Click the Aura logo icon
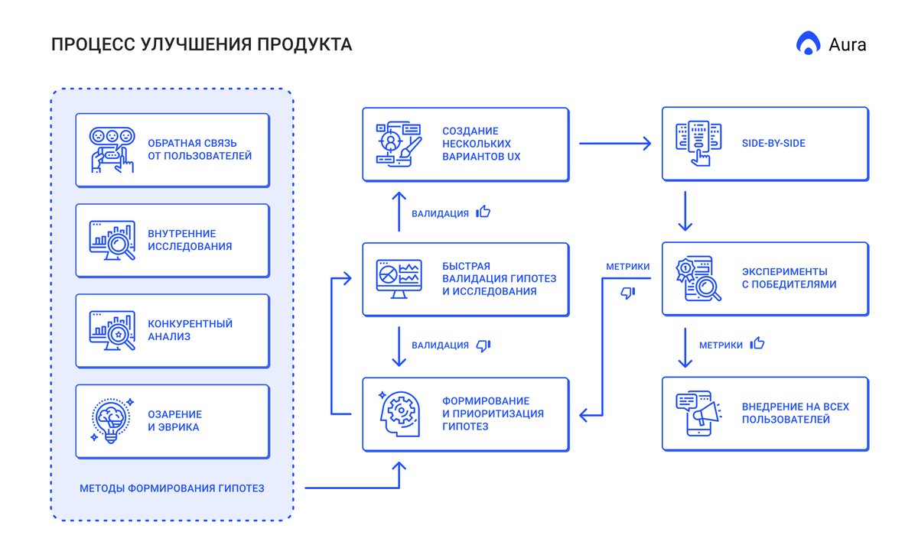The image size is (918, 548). point(808,44)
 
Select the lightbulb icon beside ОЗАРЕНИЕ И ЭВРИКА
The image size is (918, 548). point(112,421)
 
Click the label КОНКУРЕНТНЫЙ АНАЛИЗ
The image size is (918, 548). point(190,330)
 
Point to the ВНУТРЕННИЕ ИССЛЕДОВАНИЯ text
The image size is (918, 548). point(190,240)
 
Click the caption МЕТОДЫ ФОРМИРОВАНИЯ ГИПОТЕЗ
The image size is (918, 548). point(172,488)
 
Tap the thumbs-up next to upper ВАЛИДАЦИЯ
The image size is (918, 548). point(483,212)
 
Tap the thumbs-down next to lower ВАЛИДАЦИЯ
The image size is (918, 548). point(483,346)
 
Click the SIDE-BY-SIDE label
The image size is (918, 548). point(773,143)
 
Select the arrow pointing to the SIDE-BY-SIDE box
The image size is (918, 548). point(615,143)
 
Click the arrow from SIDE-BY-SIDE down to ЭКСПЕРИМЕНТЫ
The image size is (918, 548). point(685,211)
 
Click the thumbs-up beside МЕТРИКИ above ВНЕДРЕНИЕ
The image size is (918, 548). point(757,344)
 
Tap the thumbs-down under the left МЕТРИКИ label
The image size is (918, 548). point(628,293)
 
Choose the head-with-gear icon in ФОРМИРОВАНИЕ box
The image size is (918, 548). point(399,413)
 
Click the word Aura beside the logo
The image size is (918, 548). point(848,44)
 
